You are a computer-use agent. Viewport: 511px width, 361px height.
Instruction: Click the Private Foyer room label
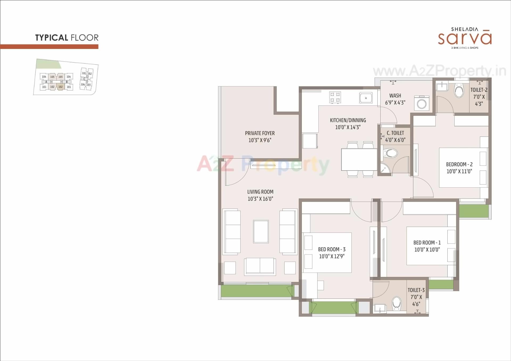tap(260, 133)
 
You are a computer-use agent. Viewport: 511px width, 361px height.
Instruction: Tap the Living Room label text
tap(260, 192)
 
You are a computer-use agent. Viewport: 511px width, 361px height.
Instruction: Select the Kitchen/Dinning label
tap(348, 120)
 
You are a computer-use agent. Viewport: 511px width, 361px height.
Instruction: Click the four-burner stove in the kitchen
tap(335, 97)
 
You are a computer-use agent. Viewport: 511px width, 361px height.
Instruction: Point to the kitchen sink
tap(366, 98)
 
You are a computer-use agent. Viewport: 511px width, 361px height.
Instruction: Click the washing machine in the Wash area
tap(422, 103)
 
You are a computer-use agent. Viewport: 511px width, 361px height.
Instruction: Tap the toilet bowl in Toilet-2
tap(459, 91)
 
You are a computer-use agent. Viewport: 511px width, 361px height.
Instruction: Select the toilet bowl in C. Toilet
tap(391, 153)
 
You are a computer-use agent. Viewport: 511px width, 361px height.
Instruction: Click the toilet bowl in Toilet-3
tap(397, 303)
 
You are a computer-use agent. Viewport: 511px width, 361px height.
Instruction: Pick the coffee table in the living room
tap(261, 231)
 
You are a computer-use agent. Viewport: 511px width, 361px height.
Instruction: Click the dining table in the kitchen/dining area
tap(359, 160)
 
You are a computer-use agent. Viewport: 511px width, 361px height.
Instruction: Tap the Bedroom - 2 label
tap(459, 164)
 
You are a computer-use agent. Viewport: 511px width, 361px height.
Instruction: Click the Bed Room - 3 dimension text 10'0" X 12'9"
tap(332, 256)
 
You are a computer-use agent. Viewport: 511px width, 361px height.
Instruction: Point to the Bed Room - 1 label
tap(427, 243)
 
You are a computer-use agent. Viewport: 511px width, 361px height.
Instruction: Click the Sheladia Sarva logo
tap(465, 38)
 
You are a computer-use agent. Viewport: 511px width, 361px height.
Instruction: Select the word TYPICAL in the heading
tap(52, 38)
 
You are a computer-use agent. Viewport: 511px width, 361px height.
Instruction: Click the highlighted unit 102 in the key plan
tap(61, 87)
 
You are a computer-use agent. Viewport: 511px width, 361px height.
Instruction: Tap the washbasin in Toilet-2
tap(442, 85)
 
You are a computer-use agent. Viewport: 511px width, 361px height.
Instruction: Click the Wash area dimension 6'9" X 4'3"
tap(395, 102)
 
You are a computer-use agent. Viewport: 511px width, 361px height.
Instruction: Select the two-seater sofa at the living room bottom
tap(260, 266)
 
